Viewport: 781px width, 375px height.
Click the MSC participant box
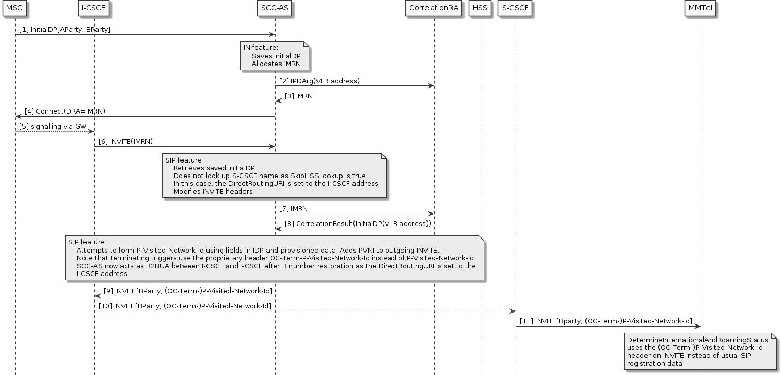click(15, 8)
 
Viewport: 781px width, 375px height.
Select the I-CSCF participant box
click(94, 8)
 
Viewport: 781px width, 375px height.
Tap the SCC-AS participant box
click(275, 8)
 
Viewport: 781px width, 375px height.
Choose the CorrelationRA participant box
click(434, 8)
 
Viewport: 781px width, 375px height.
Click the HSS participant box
click(480, 8)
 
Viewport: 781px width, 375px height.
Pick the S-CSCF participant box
click(515, 8)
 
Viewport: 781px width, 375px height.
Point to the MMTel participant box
click(700, 8)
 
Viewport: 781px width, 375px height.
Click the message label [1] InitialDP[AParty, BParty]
click(65, 30)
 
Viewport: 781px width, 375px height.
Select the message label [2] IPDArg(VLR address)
click(319, 81)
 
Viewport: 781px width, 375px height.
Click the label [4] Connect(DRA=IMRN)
click(65, 111)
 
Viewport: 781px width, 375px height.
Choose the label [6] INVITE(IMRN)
click(126, 142)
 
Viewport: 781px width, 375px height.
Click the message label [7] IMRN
click(293, 208)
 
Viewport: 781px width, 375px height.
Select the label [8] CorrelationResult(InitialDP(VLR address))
click(358, 224)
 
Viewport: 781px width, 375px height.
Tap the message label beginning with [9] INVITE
click(188, 291)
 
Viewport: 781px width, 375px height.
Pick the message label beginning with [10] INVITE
click(185, 306)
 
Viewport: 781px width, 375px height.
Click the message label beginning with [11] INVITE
click(605, 321)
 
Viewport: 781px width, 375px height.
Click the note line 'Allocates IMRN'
click(276, 64)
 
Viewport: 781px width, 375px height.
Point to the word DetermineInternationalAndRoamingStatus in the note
click(698, 340)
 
